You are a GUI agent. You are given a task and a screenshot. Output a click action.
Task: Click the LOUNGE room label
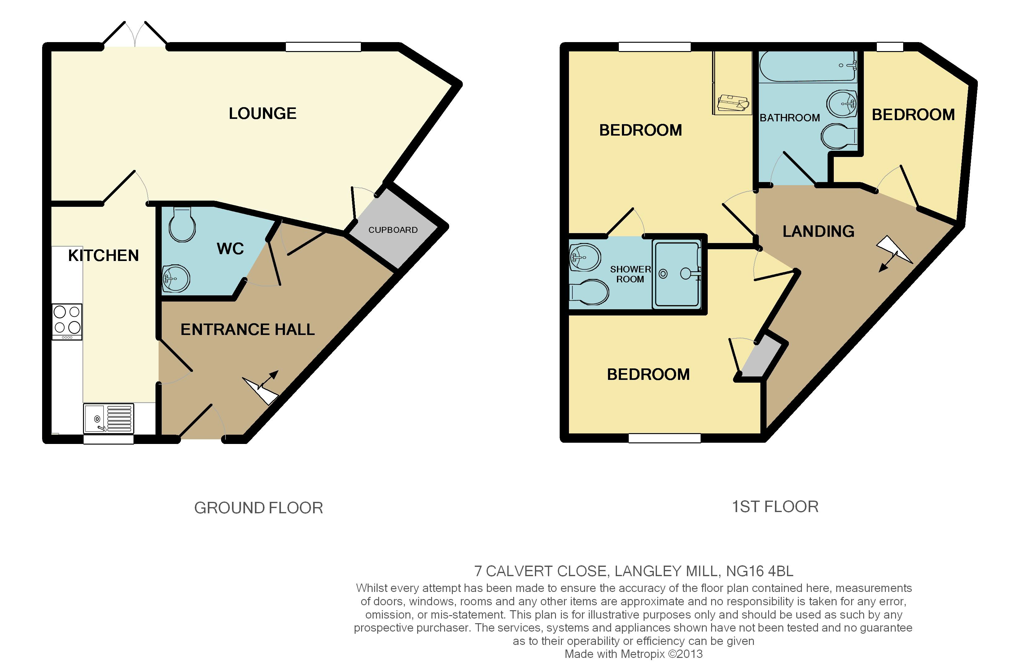tap(263, 114)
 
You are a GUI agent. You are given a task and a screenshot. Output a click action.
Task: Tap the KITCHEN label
tap(104, 256)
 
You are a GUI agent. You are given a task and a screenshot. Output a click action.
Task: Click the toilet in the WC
tap(182, 224)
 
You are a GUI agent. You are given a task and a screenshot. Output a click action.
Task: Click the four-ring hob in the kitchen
tap(67, 322)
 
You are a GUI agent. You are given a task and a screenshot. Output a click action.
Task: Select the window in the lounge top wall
tap(323, 47)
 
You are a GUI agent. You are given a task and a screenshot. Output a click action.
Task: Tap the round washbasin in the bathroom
tap(842, 104)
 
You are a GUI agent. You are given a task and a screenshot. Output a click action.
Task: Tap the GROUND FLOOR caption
tap(258, 508)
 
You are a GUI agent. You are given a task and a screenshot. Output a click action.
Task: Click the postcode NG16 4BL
tap(759, 571)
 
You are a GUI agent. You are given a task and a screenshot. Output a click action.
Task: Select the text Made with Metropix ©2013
tap(634, 654)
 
